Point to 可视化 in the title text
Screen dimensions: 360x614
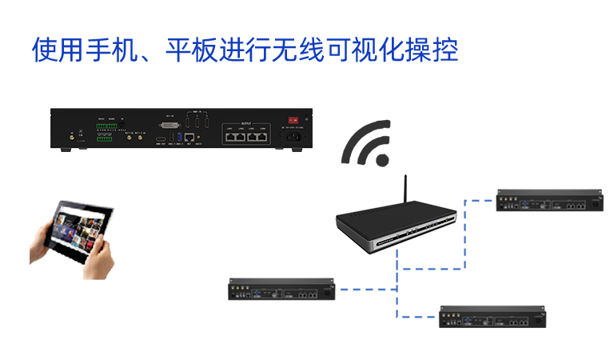point(365,50)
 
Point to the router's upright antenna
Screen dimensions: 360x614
point(405,190)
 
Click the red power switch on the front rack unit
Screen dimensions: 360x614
point(293,120)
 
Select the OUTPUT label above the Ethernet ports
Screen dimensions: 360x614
point(245,123)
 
